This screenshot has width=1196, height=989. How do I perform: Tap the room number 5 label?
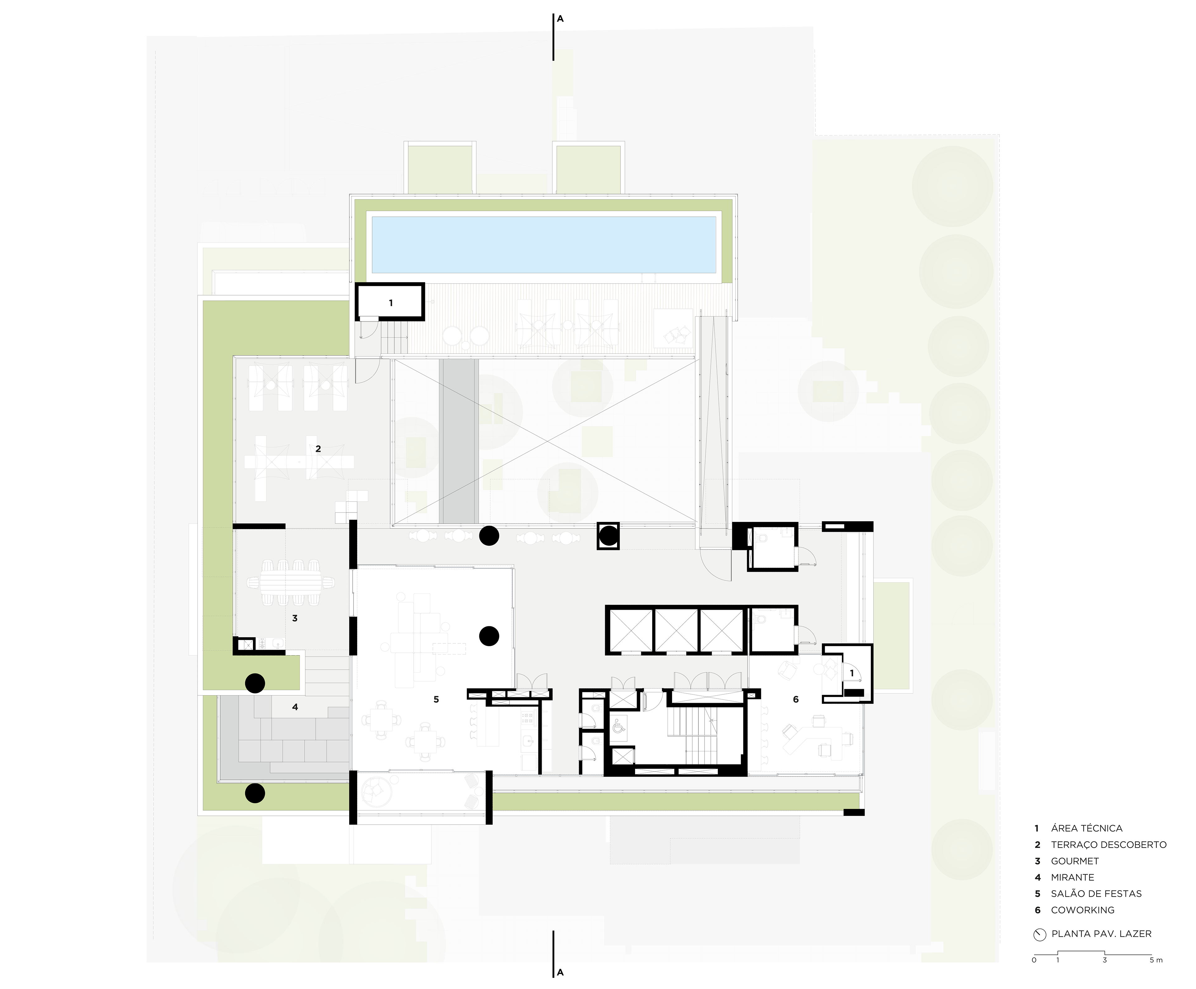pos(436,699)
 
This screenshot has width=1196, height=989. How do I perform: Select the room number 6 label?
pos(796,699)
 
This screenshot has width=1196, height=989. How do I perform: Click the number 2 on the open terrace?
pos(318,449)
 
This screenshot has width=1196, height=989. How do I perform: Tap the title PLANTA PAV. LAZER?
pos(1101,934)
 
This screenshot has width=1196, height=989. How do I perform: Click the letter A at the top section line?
pos(560,19)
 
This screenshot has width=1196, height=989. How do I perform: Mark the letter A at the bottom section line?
pos(560,972)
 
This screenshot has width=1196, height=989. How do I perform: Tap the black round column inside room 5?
pos(489,636)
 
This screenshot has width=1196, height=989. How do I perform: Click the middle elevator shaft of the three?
pos(676,630)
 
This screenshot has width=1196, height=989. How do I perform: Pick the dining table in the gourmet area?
pos(291,582)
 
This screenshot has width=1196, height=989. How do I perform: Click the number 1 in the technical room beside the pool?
pos(391,303)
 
